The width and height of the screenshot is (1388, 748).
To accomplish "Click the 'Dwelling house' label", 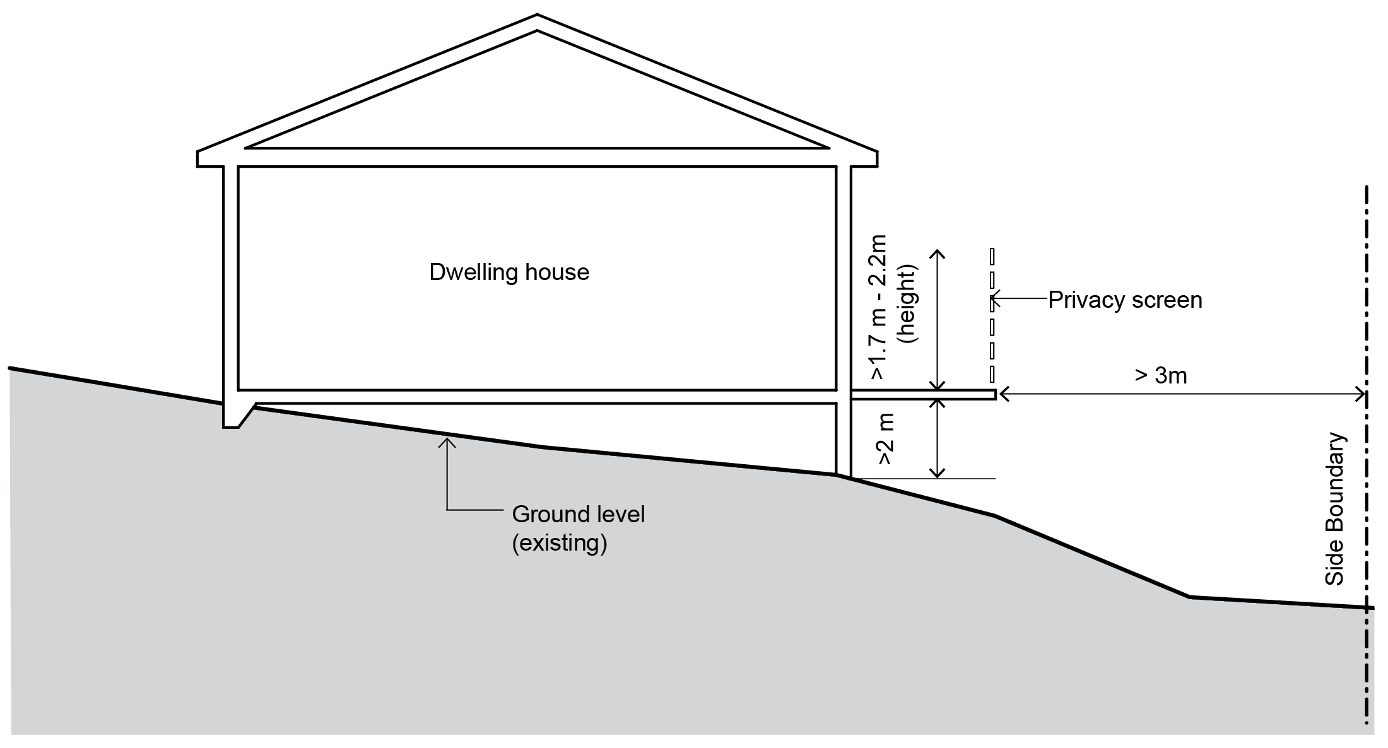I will [x=509, y=272].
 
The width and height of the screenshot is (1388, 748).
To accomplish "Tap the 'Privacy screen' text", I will [x=1125, y=300].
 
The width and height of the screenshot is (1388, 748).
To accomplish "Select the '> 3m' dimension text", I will [x=1161, y=376].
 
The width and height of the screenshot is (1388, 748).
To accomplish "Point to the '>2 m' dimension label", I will [x=885, y=440].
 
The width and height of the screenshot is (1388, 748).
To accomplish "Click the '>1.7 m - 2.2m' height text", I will [x=878, y=307].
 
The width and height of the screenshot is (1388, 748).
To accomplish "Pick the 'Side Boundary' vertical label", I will [x=1334, y=508].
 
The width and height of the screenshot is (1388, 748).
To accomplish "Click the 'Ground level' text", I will [x=578, y=515].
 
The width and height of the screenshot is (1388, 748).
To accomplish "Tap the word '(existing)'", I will [x=559, y=543].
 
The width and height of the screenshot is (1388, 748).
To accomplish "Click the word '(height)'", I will [x=909, y=303].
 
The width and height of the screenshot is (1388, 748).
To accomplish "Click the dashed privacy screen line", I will [x=992, y=315].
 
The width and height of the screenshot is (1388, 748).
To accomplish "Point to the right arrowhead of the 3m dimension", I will [x=1361, y=395].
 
